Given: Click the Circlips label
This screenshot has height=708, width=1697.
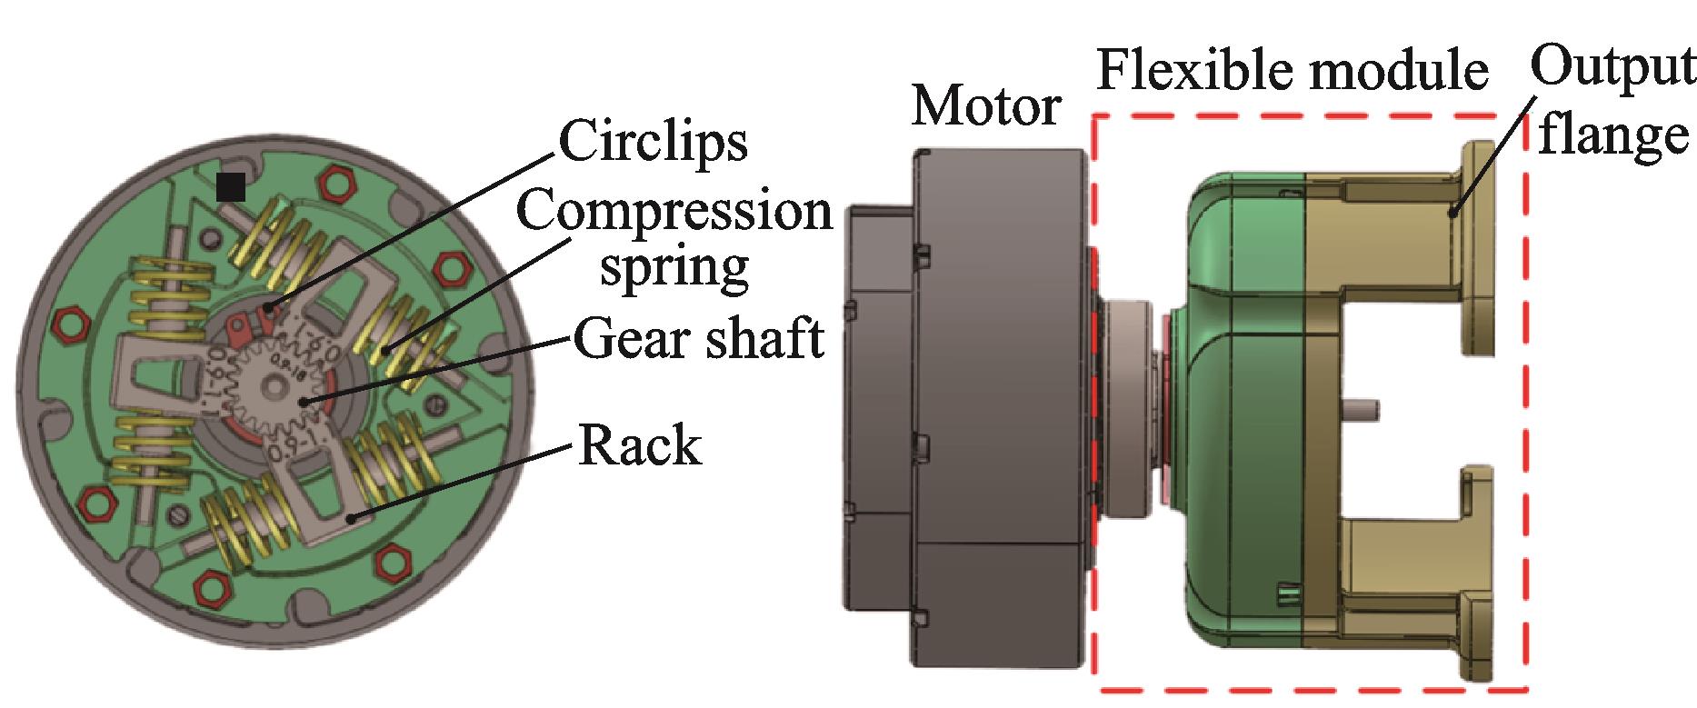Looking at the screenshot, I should pos(653,142).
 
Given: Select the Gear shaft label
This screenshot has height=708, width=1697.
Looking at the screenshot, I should pos(698,340).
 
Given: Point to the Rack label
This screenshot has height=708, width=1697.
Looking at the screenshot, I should pos(639,446).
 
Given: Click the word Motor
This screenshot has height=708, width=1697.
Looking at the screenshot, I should pos(985,107).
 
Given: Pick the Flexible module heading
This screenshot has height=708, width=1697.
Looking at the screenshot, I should pos(1293,69).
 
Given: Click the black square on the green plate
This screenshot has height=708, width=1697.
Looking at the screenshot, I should pos(231,186).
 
